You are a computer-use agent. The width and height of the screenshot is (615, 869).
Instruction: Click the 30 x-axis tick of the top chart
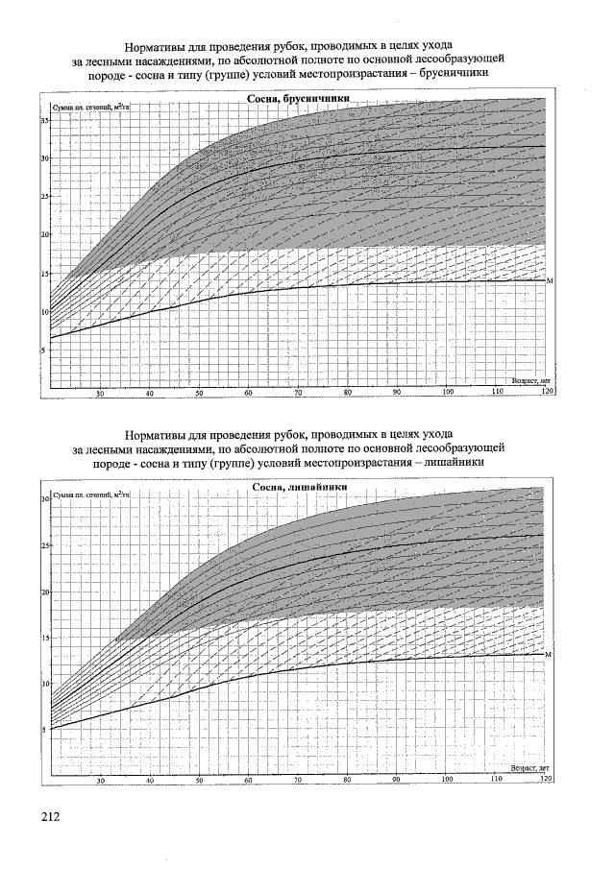coord(100,394)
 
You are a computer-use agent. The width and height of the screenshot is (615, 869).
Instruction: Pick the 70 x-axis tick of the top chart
coord(299,394)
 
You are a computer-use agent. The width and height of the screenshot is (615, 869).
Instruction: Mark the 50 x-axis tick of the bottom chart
coord(199,782)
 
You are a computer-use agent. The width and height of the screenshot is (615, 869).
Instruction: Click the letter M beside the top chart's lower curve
coord(550,280)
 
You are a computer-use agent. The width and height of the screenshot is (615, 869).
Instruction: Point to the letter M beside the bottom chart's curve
coord(548,654)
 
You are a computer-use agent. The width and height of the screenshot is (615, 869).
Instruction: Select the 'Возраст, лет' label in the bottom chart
coord(529,768)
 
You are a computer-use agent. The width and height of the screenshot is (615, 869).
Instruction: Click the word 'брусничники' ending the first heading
coord(456,72)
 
